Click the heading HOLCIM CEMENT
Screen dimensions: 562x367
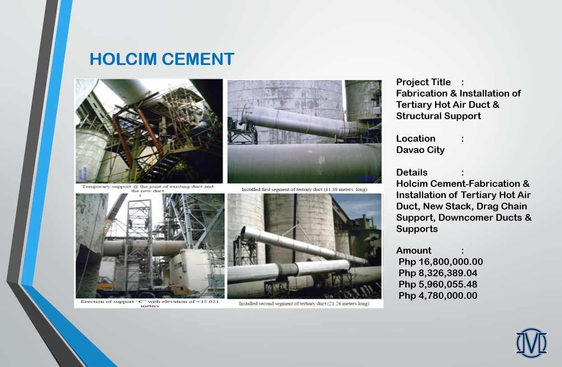(162, 59)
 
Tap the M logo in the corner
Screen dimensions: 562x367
(531, 343)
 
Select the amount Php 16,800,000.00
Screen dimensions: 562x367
(440, 262)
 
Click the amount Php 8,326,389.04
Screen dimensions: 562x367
(438, 273)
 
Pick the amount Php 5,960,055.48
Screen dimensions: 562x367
(438, 284)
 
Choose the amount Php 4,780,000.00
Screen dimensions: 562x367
(438, 296)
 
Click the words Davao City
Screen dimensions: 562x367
(420, 150)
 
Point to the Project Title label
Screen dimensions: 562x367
(423, 82)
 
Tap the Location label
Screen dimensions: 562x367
(416, 139)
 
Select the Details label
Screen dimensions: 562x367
(412, 172)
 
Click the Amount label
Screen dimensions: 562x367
(414, 251)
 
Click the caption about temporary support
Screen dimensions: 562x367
(148, 189)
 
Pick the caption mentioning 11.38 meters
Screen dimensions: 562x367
(304, 190)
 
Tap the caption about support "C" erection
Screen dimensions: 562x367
(150, 304)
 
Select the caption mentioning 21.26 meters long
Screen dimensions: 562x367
(304, 304)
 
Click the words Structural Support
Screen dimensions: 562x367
(438, 116)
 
